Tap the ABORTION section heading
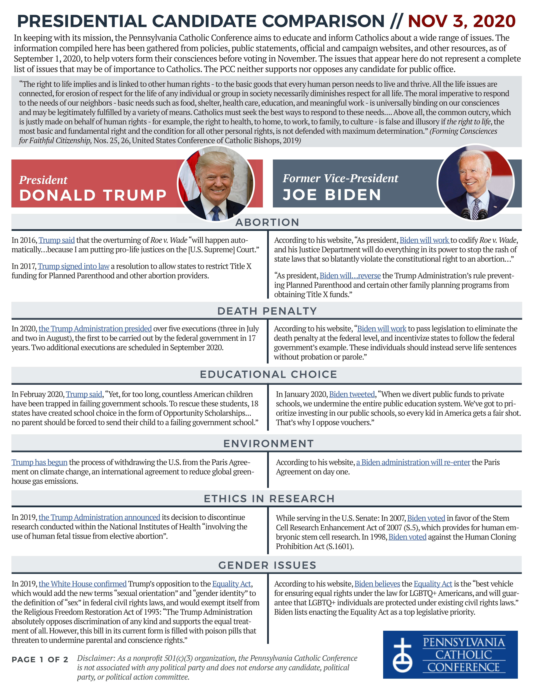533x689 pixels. [x=267, y=222]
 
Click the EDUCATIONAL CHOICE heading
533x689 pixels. [x=268, y=374]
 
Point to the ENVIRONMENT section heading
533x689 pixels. [x=268, y=444]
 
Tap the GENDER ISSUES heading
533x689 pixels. [x=267, y=565]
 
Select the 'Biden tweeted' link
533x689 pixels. [x=352, y=394]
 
